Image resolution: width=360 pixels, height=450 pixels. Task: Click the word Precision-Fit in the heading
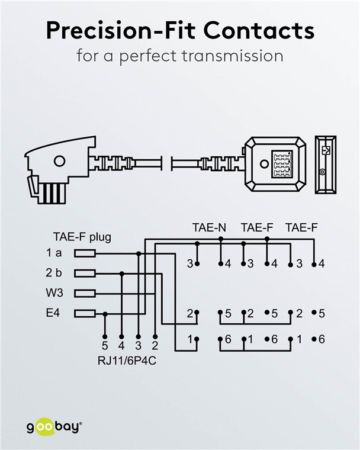pos(120,30)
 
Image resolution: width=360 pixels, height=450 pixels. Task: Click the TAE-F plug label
pos(82,238)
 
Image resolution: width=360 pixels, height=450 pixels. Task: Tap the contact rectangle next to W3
pos(85,293)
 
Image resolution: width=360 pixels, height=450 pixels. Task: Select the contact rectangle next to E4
pos(85,313)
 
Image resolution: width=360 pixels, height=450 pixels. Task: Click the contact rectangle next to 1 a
pos(85,253)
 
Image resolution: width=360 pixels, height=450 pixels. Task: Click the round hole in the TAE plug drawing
pos(59,161)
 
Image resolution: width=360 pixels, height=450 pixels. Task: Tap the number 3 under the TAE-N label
pos(190,263)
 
